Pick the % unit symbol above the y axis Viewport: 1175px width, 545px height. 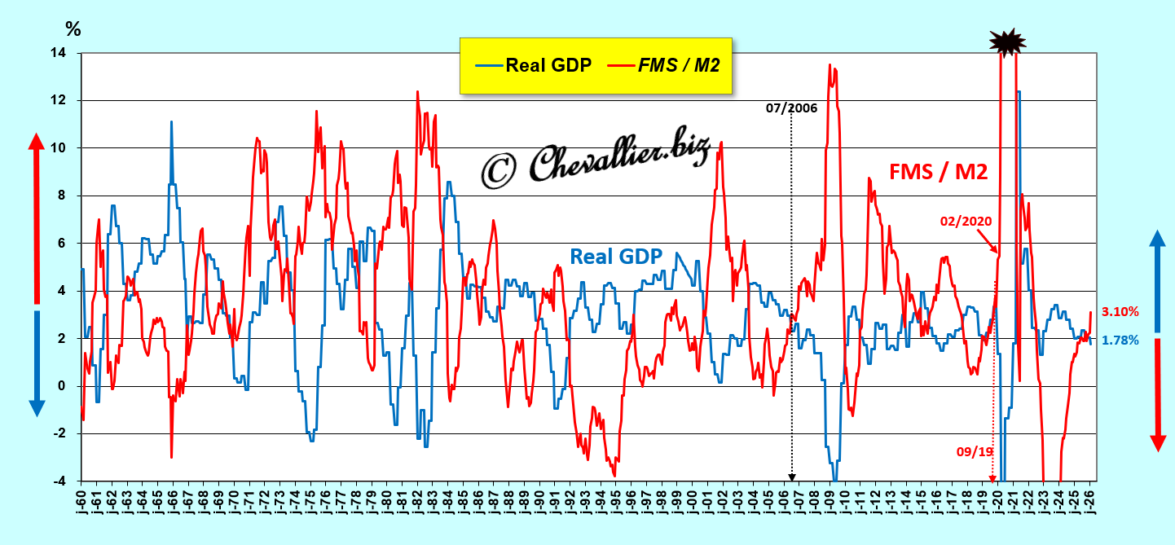click(73, 29)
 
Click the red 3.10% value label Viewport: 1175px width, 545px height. click(1120, 311)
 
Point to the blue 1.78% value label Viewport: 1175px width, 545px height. click(1120, 341)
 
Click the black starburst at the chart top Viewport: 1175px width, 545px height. click(1007, 41)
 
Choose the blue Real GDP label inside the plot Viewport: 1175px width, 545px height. click(615, 256)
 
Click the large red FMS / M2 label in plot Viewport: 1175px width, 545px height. click(939, 171)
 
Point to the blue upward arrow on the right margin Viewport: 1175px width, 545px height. click(1158, 277)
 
